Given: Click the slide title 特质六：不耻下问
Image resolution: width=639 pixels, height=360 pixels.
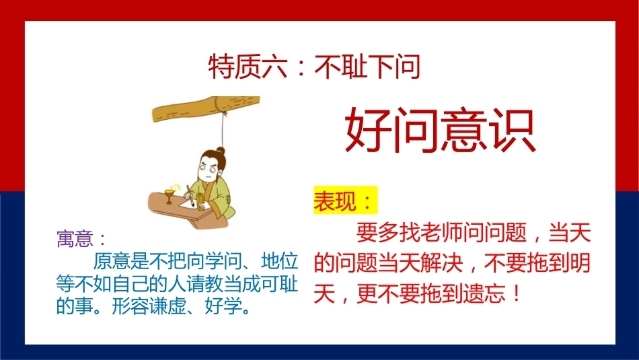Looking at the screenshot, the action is pyautogui.click(x=314, y=67).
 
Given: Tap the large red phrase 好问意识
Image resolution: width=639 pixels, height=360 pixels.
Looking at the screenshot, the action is pyautogui.click(x=440, y=130).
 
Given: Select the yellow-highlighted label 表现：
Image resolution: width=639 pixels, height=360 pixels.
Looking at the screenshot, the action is pyautogui.click(x=345, y=200).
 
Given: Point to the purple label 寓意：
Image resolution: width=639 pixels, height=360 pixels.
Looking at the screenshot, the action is pyautogui.click(x=81, y=238).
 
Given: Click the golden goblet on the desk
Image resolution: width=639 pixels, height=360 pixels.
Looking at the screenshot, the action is pyautogui.click(x=169, y=196).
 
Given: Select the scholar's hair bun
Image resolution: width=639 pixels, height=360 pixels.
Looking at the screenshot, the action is pyautogui.click(x=221, y=151).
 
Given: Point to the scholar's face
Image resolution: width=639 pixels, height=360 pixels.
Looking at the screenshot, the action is pyautogui.click(x=206, y=171).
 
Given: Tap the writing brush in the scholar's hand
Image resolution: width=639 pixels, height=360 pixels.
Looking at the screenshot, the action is pyautogui.click(x=190, y=196).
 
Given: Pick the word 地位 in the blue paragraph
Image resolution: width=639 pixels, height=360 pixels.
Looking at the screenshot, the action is pyautogui.click(x=280, y=261).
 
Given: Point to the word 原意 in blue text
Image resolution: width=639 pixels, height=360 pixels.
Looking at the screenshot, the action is pyautogui.click(x=112, y=261).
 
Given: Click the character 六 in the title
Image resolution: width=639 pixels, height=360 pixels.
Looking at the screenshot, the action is pyautogui.click(x=274, y=67).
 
